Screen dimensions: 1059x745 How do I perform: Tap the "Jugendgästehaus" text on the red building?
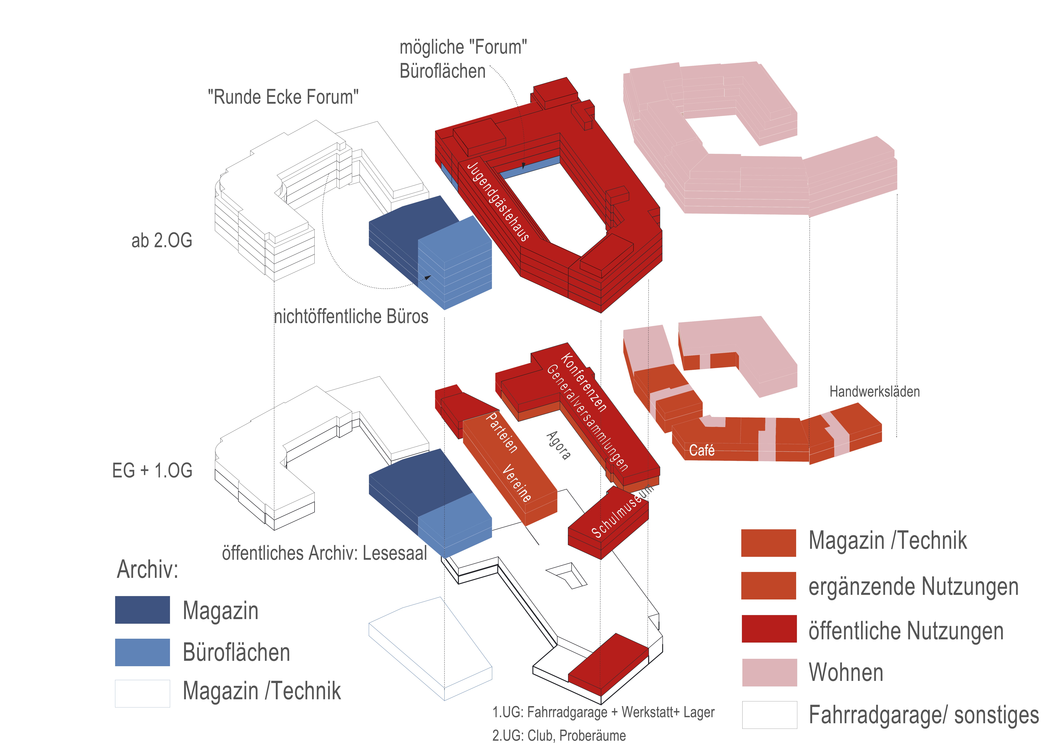tap(498, 201)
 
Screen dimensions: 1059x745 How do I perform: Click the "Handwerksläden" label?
tap(874, 392)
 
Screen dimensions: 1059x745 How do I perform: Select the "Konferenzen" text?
tap(584, 382)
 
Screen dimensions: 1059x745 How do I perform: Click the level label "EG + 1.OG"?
tap(152, 471)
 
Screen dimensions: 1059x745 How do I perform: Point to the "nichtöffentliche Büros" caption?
tap(351, 317)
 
